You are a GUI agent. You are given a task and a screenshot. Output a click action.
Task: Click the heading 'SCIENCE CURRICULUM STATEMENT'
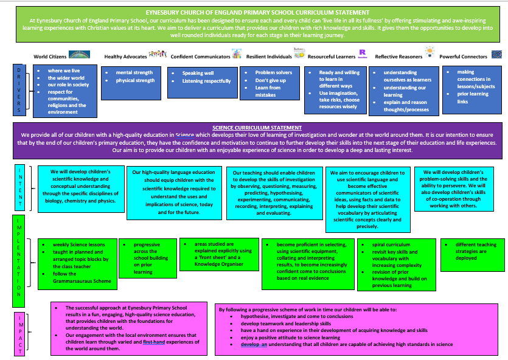(257, 128)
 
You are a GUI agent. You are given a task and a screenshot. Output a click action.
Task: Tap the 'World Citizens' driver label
(50, 57)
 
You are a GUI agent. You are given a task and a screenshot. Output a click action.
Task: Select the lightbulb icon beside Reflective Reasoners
(430, 52)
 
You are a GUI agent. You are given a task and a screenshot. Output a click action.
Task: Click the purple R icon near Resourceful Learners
(363, 53)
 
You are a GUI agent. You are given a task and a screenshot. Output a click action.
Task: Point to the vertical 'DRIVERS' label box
(19, 89)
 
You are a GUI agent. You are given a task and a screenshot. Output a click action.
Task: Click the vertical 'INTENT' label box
(19, 187)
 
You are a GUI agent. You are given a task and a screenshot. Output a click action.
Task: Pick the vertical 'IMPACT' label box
(20, 333)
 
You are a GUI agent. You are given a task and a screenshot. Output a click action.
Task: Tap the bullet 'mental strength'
(134, 72)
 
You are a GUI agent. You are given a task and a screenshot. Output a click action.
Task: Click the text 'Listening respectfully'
(206, 81)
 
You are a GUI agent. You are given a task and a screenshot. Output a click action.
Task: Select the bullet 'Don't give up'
(271, 80)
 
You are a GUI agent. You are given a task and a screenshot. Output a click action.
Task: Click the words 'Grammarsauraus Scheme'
(82, 281)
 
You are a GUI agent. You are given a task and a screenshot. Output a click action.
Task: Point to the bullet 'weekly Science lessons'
(78, 244)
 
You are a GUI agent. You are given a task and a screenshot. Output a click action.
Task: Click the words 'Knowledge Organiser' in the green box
(218, 264)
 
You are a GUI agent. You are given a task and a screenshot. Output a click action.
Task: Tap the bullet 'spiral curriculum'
(391, 244)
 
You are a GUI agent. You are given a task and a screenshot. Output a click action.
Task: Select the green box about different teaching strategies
(472, 255)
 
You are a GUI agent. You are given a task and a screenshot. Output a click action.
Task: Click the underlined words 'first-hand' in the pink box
(154, 342)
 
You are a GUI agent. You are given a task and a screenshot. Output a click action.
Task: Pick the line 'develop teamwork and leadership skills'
(286, 324)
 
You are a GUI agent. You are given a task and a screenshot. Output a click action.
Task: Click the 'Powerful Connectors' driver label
(463, 57)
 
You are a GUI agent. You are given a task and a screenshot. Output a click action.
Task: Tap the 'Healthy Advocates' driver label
(125, 57)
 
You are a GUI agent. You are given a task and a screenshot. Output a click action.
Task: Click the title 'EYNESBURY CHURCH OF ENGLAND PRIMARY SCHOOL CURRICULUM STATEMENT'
(257, 13)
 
